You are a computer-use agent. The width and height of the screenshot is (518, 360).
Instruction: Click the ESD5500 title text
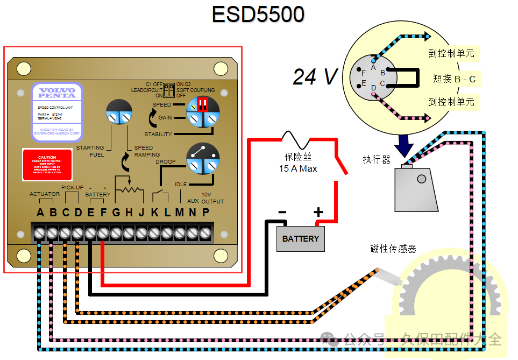[x=258, y=15]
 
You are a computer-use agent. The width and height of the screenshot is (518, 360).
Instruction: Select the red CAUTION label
[x=47, y=165]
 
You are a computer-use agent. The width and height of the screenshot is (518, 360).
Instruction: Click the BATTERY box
[x=300, y=238]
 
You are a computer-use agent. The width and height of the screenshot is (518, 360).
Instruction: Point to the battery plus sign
[x=318, y=212]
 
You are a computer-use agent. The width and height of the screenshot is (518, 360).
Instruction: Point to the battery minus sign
[x=282, y=212]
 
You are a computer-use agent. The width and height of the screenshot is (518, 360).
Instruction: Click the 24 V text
[x=315, y=77]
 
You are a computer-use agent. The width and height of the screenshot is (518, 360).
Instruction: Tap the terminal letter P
[x=205, y=213]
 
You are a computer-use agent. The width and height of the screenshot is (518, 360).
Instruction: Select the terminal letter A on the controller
[x=40, y=213]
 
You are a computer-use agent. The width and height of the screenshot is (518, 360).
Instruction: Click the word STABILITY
[x=158, y=134]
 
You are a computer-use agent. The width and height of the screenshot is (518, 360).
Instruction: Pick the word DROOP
[x=166, y=161]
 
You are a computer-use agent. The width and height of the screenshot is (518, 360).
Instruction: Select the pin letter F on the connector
[x=364, y=73]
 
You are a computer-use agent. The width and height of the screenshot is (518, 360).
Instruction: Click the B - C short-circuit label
[x=454, y=79]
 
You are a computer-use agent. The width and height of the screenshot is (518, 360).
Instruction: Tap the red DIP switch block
[x=203, y=104]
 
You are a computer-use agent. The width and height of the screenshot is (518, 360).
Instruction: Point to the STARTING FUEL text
[x=90, y=151]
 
